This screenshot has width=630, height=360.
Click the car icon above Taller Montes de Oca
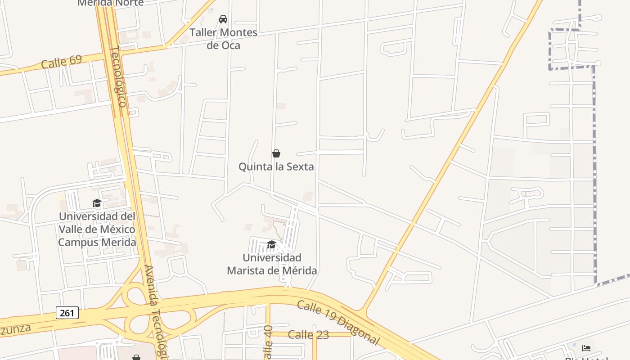point(223,19)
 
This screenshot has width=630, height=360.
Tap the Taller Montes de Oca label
point(223,39)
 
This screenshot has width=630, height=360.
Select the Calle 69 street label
point(61,62)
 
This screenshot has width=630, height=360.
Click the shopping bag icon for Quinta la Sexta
point(276,154)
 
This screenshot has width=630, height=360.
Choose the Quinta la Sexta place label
point(276,167)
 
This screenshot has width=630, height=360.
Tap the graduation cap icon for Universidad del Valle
point(97,203)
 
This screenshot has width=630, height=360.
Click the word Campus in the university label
point(76,243)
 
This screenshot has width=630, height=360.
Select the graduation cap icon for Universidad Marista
point(271,244)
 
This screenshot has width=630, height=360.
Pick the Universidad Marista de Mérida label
point(272,264)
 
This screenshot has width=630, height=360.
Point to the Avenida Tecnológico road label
point(155,310)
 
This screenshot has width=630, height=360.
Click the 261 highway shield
point(67,313)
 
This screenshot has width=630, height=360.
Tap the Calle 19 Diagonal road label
point(338,322)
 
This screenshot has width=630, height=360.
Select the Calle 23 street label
point(308,335)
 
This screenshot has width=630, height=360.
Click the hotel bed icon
point(586,348)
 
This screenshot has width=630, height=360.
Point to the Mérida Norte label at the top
point(111,3)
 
